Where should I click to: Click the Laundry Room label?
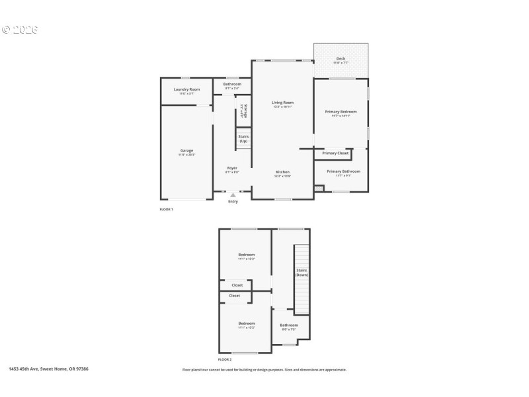pos(186,89)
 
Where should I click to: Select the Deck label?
pos(341,59)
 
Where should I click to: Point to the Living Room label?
pos(282,103)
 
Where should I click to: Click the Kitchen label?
pos(282,172)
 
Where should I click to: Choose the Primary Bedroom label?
pos(341,112)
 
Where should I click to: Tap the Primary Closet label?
pos(335,154)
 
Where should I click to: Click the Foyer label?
pos(232,168)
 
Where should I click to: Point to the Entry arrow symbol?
pos(233,195)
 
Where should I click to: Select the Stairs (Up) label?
pos(243,139)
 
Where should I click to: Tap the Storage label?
pos(245,111)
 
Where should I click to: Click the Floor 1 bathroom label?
pos(232,85)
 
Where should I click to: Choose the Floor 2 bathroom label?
pos(289,326)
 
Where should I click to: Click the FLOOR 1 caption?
pos(166,209)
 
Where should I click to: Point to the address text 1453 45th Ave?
pos(48,369)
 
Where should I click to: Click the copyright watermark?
pos(20,30)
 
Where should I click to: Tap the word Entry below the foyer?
pos(233,202)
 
